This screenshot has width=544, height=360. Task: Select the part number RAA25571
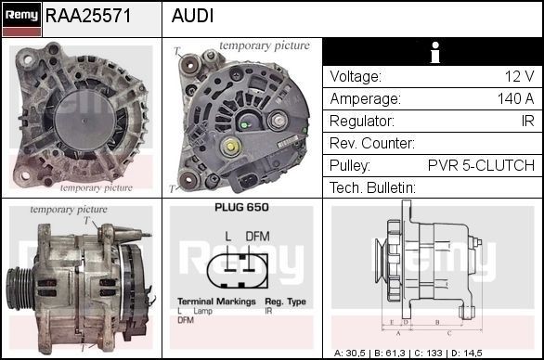[88, 16]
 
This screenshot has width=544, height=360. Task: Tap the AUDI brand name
[192, 16]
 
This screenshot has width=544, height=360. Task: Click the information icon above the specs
[432, 53]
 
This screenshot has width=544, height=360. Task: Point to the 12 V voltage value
[517, 76]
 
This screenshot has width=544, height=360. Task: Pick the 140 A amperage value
[515, 98]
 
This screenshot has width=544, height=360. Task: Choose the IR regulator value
[526, 121]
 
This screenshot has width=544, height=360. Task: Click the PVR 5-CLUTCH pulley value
[481, 165]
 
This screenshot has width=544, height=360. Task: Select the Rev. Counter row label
[371, 143]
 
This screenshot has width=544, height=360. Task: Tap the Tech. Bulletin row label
[372, 187]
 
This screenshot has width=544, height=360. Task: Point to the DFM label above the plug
[258, 237]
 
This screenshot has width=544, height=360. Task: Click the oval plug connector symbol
[240, 271]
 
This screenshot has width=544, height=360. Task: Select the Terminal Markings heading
[217, 302]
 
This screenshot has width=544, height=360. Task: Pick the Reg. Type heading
[285, 302]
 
